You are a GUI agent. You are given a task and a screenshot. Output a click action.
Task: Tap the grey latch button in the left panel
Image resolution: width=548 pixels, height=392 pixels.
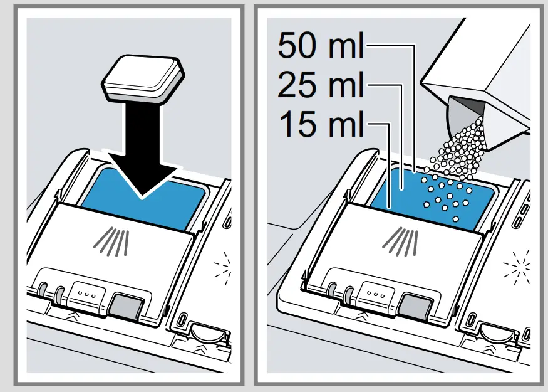coord(123,305)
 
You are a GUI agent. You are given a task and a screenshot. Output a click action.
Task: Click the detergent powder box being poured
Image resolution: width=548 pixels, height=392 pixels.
coord(482,75)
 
